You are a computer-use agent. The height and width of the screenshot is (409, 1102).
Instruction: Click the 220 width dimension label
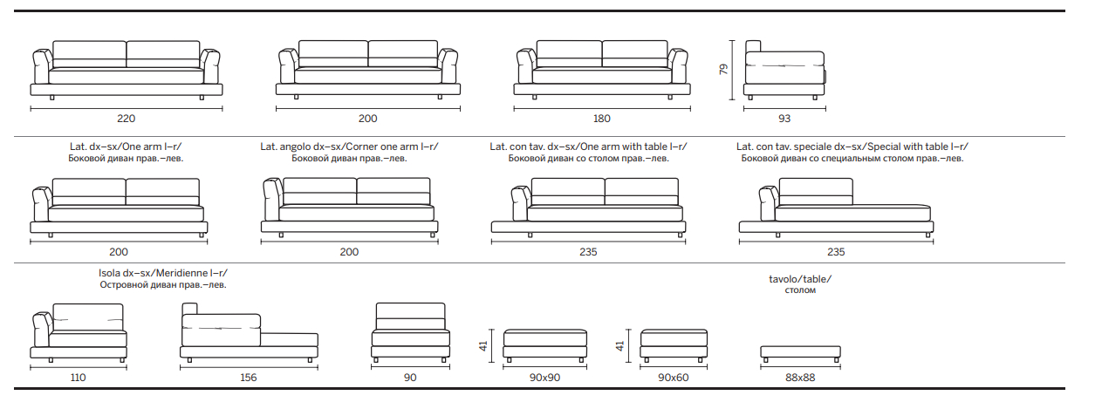pyautogui.click(x=126, y=119)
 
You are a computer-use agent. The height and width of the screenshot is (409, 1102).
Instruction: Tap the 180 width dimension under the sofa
pyautogui.click(x=602, y=119)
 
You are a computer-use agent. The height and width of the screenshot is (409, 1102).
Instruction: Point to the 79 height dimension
pyautogui.click(x=723, y=69)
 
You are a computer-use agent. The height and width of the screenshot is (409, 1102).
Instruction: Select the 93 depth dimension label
pyautogui.click(x=784, y=119)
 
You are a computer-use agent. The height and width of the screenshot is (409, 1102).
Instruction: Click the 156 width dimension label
pyautogui.click(x=249, y=378)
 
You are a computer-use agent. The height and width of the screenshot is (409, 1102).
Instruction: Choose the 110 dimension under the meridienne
pyautogui.click(x=79, y=378)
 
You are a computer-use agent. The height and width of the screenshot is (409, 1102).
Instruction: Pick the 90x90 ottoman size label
pyautogui.click(x=544, y=378)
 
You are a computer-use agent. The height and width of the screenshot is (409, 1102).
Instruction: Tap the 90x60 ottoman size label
pyautogui.click(x=673, y=378)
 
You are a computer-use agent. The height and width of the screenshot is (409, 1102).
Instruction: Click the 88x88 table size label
pyautogui.click(x=800, y=378)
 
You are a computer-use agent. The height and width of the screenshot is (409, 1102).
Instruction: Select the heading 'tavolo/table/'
pyautogui.click(x=800, y=279)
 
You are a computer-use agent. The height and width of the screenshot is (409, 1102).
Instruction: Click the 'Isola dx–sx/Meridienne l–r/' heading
pyautogui.click(x=163, y=273)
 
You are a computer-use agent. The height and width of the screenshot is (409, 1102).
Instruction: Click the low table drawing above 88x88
pyautogui.click(x=800, y=354)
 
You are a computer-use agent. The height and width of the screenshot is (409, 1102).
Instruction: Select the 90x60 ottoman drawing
pyautogui.click(x=674, y=345)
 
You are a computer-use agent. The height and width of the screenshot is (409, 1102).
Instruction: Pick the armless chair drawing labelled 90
pyautogui.click(x=410, y=333)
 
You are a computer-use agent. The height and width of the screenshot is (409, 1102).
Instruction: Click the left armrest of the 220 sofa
pyautogui.click(x=42, y=66)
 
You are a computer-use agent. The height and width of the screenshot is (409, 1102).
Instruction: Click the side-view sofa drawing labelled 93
pyautogui.click(x=784, y=70)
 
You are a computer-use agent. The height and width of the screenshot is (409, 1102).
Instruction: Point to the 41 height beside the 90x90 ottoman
pyautogui.click(x=483, y=345)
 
